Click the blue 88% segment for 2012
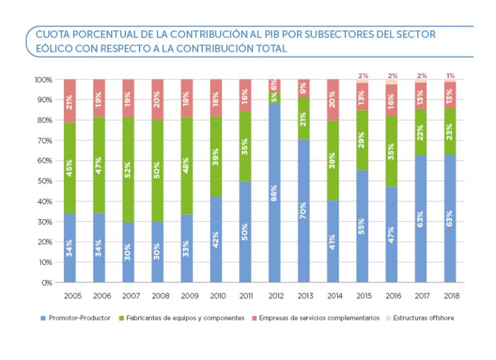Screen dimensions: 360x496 coord(274,193)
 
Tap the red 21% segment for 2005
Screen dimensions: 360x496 coord(70,101)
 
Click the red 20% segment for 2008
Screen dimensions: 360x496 coord(158,100)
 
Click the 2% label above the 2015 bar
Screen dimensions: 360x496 coord(363,76)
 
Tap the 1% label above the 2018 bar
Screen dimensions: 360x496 coord(450,76)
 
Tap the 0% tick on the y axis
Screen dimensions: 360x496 coord(45,282)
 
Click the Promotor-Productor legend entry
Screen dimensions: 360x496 coord(77,318)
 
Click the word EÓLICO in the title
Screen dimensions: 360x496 coord(54,48)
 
